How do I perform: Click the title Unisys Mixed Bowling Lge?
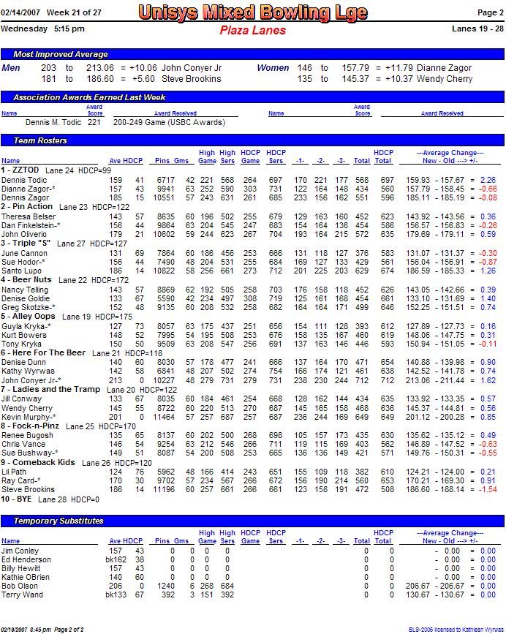click(253, 13)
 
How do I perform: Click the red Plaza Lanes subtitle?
click(253, 31)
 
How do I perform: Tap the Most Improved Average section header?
click(61, 54)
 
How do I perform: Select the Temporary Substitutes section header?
click(58, 521)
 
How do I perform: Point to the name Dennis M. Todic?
click(53, 123)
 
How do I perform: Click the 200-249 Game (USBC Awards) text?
click(168, 123)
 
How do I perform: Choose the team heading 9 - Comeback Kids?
click(38, 463)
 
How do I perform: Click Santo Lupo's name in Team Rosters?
click(20, 271)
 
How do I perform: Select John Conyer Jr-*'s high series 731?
click(227, 380)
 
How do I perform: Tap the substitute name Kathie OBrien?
click(26, 577)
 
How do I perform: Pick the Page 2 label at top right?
click(490, 12)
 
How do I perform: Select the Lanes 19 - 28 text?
click(478, 29)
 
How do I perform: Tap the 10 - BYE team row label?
click(17, 499)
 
